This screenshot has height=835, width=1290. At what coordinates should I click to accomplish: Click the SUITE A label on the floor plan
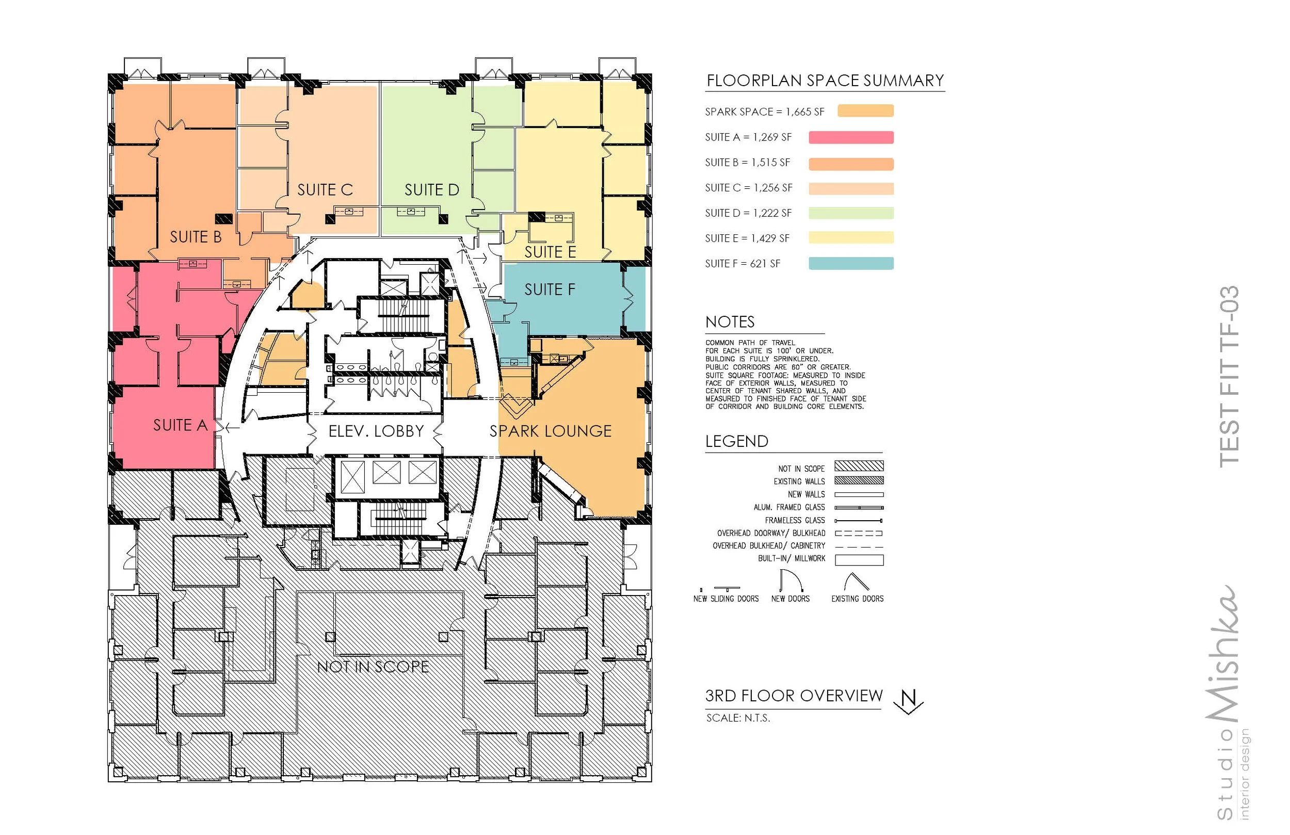click(181, 425)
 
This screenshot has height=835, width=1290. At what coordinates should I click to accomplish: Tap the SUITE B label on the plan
click(196, 237)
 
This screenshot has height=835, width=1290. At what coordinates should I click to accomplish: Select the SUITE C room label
click(325, 190)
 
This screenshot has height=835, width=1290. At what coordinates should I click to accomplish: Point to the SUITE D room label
click(432, 190)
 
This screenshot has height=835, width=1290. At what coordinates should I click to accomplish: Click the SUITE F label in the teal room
click(550, 290)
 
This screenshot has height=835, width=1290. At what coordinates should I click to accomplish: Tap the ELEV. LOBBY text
click(376, 431)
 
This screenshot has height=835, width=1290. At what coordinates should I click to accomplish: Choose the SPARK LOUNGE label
click(551, 431)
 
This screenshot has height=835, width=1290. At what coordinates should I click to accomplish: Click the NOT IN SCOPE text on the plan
click(373, 666)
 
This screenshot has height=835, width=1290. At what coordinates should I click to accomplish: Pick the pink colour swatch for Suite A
click(851, 137)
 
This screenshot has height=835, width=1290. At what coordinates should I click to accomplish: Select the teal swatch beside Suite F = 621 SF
click(851, 264)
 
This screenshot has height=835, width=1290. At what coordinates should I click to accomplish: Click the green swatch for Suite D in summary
click(851, 213)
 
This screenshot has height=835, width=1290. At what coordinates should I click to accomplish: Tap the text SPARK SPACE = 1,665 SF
click(764, 111)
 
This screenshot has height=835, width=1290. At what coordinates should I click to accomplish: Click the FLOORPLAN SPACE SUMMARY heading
click(825, 81)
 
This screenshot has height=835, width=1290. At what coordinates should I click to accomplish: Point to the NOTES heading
click(730, 322)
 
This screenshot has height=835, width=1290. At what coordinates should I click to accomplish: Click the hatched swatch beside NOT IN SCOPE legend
click(859, 466)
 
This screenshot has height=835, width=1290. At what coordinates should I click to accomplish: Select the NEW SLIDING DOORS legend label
click(726, 599)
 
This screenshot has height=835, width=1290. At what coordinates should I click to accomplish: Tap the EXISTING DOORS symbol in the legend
click(857, 582)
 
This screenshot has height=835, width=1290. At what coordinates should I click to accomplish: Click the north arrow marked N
click(910, 701)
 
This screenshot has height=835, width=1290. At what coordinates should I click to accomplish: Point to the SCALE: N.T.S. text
click(738, 718)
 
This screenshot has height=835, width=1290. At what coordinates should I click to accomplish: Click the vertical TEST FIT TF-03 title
click(1229, 376)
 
